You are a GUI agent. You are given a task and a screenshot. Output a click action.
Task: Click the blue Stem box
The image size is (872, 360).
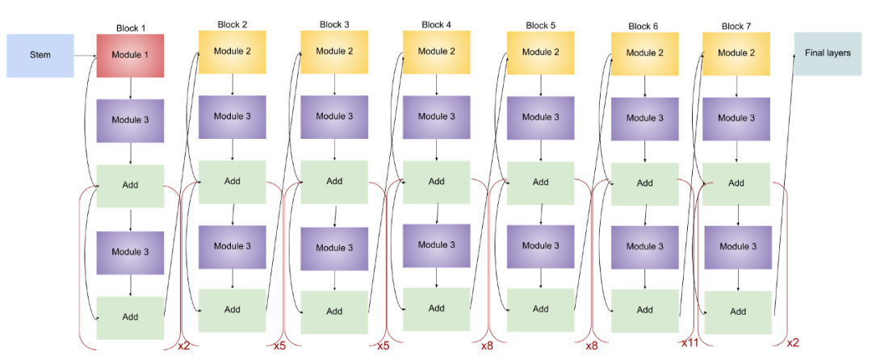tap(40, 56)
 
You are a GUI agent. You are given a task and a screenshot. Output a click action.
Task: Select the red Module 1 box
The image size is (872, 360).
tap(130, 56)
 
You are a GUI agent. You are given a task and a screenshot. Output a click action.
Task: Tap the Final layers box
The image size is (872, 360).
tap(828, 53)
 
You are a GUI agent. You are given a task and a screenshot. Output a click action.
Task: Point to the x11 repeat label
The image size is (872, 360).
tap(688, 343)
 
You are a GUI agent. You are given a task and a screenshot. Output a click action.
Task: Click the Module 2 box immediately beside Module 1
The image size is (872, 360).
tap(233, 52)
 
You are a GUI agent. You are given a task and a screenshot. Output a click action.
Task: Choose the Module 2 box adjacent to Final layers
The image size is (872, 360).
tap(736, 53)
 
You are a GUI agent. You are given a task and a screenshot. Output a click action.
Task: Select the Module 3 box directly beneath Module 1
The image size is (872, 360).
tap(130, 120)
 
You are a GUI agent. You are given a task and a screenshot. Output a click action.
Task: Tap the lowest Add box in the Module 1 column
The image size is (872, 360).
tap(130, 317)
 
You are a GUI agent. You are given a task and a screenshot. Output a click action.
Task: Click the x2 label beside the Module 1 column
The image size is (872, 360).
tap(183, 345)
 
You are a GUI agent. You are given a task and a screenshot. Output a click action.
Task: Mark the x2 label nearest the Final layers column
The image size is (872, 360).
tap(793, 342)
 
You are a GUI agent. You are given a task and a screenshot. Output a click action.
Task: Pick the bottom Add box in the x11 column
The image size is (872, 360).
tap(644, 311)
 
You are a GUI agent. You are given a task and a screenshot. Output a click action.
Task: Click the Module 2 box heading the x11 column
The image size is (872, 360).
tap(644, 53)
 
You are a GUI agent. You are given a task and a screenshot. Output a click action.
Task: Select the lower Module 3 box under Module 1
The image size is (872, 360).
tap(130, 252)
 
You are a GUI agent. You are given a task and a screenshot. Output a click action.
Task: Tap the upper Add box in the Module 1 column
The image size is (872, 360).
tap(130, 186)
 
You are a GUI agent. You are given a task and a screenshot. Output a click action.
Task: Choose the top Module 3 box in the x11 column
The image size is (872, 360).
tap(644, 118)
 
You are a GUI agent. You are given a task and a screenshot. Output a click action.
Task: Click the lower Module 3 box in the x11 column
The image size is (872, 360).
tap(644, 247)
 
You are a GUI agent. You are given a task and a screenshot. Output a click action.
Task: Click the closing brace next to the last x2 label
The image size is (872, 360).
tap(783, 258)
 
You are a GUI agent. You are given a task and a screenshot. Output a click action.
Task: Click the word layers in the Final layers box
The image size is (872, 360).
tap(838, 53)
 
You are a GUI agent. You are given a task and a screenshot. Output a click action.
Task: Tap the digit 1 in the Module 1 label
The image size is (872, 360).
tap(146, 56)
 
